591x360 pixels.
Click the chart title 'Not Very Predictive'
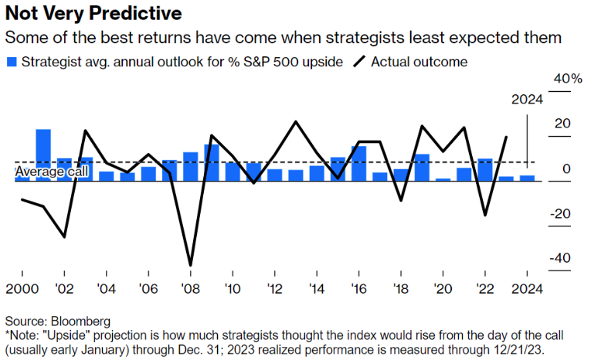click(x=93, y=13)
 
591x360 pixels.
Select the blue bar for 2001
click(x=43, y=155)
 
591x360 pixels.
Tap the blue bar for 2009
click(x=211, y=163)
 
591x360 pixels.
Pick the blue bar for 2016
click(x=358, y=164)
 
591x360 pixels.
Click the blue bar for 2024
click(x=527, y=178)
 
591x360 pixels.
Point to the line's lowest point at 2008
click(x=190, y=265)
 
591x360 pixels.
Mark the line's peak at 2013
click(x=295, y=122)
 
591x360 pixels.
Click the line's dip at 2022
click(x=485, y=215)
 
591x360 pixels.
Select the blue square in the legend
click(x=11, y=60)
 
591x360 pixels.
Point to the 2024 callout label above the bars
click(x=528, y=100)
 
